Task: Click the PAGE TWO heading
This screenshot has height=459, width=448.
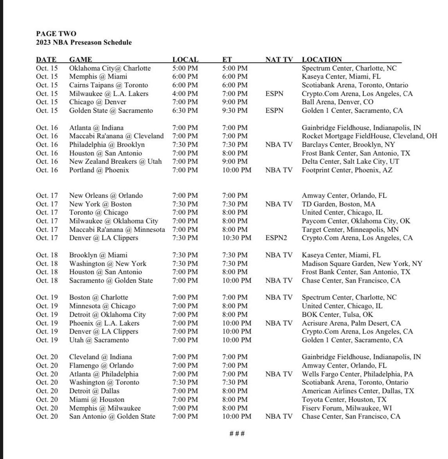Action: pos(56,34)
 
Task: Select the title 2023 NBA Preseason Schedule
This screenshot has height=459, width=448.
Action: pos(84,42)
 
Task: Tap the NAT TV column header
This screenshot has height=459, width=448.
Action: pos(279,59)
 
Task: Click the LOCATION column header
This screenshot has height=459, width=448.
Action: pos(321,59)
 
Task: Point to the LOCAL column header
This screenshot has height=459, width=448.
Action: pos(185,59)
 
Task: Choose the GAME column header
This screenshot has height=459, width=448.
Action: pos(80,59)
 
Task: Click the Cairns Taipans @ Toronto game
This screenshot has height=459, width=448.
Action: pos(108,85)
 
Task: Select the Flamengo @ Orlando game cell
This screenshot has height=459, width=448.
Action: pos(101,366)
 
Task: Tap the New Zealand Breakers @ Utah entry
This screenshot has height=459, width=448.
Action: pos(115,162)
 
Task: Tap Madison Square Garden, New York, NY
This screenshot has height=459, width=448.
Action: pos(362,263)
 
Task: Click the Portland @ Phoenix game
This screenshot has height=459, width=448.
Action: pos(99,170)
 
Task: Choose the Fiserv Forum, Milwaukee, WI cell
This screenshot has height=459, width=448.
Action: pos(344,408)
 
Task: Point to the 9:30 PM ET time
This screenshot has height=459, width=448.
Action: pos(235,110)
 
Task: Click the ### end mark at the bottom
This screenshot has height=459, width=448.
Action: pos(237,434)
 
